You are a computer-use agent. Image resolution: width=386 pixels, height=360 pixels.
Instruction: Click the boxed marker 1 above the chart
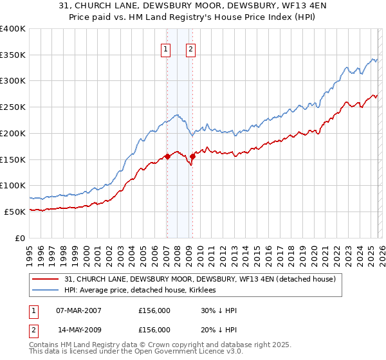pyautogui.click(x=166, y=48)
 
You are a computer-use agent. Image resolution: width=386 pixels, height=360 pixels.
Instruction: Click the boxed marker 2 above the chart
pyautogui.click(x=191, y=48)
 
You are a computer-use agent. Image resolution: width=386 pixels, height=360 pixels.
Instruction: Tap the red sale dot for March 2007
pyautogui.click(x=167, y=156)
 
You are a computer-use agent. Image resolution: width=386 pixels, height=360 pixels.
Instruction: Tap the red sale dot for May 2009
pyautogui.click(x=192, y=156)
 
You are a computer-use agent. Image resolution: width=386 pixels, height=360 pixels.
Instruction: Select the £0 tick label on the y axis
pyautogui.click(x=21, y=238)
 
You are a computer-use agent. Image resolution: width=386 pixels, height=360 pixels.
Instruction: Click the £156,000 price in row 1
pyautogui.click(x=154, y=310)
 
